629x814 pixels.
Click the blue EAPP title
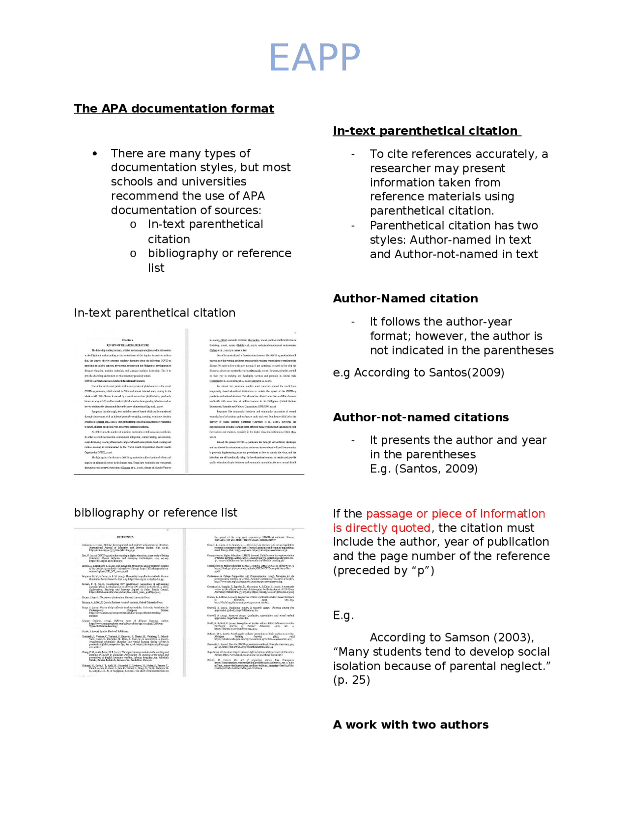(314, 58)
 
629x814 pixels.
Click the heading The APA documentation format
(174, 108)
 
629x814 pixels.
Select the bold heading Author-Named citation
(405, 298)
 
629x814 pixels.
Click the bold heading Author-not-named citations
(421, 417)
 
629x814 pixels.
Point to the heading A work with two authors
(411, 725)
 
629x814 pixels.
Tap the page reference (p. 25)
(351, 680)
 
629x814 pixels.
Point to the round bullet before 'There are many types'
(95, 154)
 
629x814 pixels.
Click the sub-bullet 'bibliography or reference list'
(220, 260)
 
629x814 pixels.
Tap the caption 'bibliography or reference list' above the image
(155, 513)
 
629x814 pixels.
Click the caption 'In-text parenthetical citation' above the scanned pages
(154, 313)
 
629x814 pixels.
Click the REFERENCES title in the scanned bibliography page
(125, 537)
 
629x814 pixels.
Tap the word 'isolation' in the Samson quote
(356, 666)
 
